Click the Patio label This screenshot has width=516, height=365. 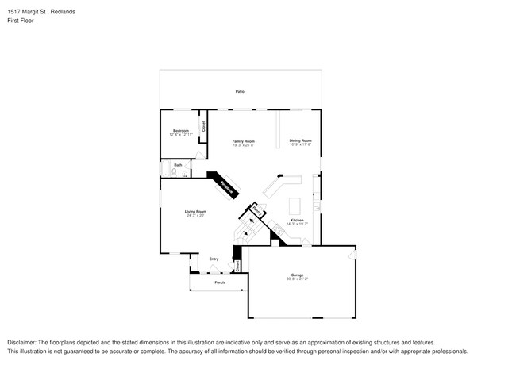240,92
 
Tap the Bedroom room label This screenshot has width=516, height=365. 181,131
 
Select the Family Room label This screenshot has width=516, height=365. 243,140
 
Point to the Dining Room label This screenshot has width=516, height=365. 300,140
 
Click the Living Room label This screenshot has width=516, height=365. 195,211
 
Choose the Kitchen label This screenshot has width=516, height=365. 297,220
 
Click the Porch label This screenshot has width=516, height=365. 220,282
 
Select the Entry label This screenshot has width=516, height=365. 214,259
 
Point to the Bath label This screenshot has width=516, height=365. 178,165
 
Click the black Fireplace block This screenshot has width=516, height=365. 225,186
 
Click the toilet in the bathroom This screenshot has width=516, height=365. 175,171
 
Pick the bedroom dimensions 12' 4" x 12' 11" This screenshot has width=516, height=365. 181,135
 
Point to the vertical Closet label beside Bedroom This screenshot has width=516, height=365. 203,125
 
